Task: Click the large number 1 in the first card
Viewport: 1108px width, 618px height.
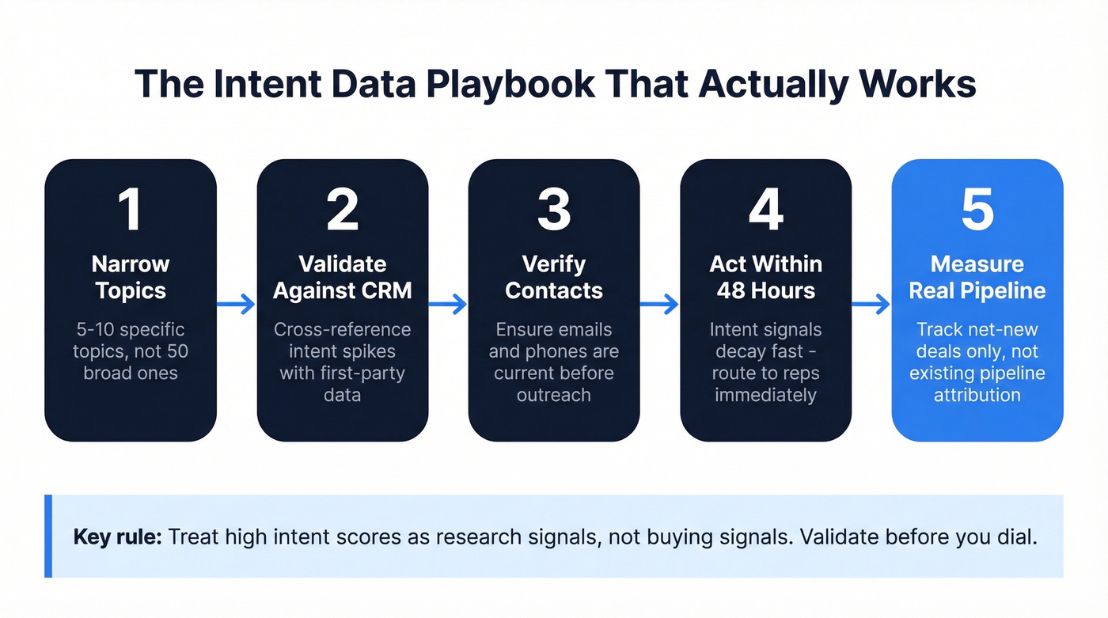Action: point(130,210)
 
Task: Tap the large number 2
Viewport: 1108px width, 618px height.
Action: point(342,210)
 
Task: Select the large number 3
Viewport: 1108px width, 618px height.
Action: point(554,210)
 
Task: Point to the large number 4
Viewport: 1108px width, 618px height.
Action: point(765,210)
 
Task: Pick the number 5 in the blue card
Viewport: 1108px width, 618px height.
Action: point(977,210)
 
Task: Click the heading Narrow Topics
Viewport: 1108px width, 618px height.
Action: point(131,277)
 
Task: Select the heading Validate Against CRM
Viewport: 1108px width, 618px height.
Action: point(342,277)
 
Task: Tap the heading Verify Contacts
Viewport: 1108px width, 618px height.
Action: point(554,277)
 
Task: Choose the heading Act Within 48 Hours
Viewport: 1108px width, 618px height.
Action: point(765,277)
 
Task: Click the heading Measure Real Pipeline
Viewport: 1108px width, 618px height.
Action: point(977,277)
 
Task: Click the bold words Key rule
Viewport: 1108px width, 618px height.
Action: point(118,536)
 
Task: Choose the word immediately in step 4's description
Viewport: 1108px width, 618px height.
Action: point(765,394)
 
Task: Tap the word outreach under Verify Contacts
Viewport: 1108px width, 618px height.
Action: point(554,394)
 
